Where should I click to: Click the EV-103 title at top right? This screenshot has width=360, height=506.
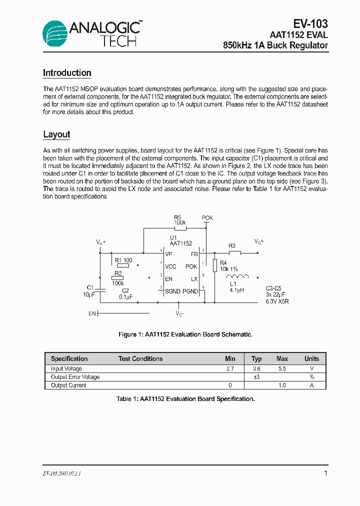point(310,23)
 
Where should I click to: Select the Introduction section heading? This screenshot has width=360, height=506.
point(67,73)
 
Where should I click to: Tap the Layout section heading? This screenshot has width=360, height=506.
point(56,134)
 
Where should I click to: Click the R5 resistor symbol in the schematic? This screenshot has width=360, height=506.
point(180,228)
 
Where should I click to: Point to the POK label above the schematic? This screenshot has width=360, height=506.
point(207,218)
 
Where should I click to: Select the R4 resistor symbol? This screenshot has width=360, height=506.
point(214,265)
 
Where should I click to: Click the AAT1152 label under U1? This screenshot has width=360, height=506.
point(180,243)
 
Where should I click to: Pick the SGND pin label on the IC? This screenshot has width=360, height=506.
point(172,291)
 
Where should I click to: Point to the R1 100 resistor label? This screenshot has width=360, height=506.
point(123,260)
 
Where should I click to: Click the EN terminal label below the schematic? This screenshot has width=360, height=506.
point(92,313)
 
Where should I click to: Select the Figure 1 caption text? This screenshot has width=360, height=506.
point(185,334)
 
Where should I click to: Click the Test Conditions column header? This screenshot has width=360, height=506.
point(140,359)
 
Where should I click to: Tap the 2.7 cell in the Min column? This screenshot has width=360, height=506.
point(230,368)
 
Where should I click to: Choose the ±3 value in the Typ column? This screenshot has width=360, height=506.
point(256,377)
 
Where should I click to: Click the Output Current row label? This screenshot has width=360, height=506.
point(68,385)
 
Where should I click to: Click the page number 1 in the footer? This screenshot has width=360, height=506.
point(325,473)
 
